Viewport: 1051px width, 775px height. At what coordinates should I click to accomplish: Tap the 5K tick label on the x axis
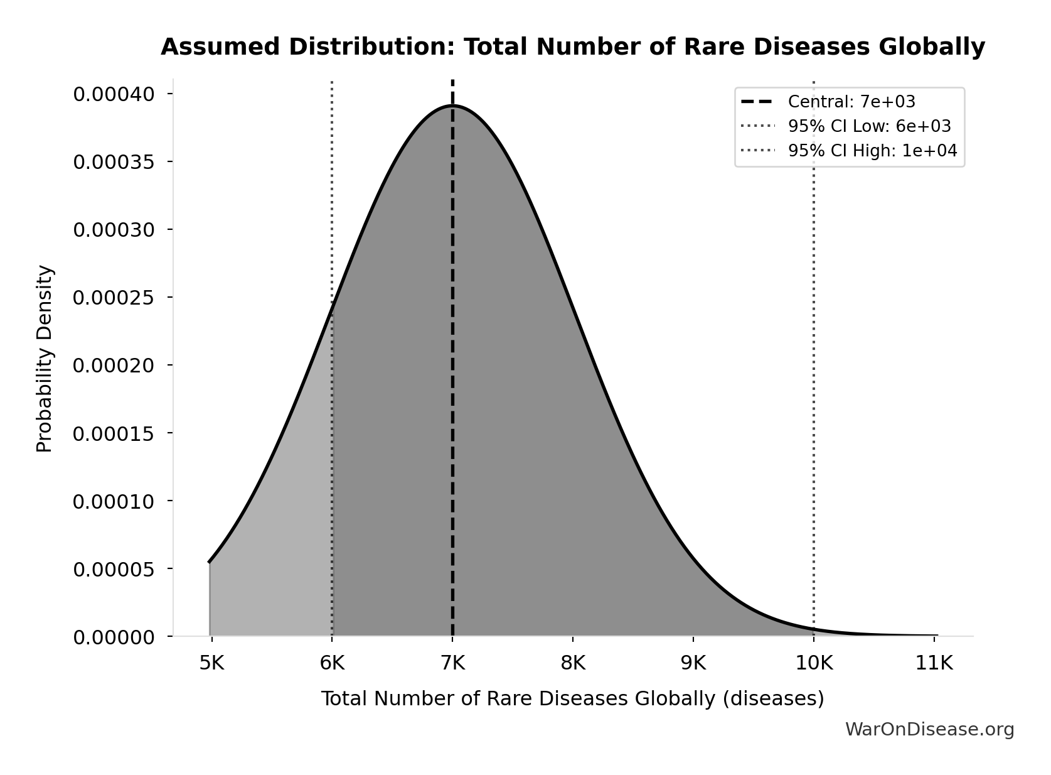[x=211, y=663]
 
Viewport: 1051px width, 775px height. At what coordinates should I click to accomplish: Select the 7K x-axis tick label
[x=452, y=663]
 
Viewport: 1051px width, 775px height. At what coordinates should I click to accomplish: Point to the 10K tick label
[x=814, y=663]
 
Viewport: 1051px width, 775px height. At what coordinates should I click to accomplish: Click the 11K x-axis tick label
[x=934, y=663]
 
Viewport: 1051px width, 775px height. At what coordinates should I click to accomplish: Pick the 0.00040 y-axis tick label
[x=114, y=94]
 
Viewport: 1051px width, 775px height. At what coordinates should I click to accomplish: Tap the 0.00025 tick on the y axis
[x=114, y=298]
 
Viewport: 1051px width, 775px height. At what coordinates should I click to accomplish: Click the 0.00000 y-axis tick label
[x=114, y=637]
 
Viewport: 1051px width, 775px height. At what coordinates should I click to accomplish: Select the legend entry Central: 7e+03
[x=851, y=102]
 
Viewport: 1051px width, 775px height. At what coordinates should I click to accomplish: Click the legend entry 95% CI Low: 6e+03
[x=869, y=126]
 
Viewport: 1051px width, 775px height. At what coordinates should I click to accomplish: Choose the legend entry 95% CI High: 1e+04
[x=872, y=151]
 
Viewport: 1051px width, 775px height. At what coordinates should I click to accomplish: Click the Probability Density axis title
[x=45, y=358]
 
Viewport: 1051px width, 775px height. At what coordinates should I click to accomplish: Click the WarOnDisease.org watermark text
[x=929, y=729]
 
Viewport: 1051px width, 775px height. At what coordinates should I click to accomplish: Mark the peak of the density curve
[x=452, y=106]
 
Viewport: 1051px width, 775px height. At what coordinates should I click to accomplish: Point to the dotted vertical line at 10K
[x=814, y=377]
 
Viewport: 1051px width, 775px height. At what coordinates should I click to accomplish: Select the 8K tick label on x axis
[x=573, y=663]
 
